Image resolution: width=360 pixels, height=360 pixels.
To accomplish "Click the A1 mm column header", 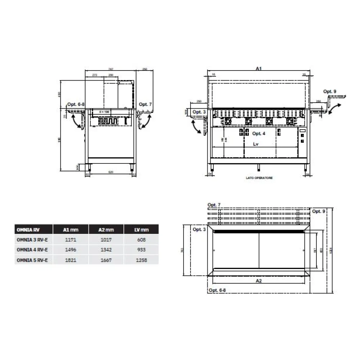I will coord(71,229).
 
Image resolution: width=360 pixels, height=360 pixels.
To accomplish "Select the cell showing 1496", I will coord(71,249).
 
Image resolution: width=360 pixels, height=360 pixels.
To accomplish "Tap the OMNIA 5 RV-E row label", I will coord(33,259).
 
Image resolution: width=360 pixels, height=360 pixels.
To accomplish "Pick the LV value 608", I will coord(141,239).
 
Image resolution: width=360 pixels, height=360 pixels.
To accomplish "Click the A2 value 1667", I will coord(106,259).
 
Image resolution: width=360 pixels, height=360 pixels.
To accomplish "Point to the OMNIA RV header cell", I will coord(33,229).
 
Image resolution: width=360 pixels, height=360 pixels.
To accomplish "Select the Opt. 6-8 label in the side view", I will coord(76,104).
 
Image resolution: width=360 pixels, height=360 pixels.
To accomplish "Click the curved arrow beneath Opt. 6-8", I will coord(77,122).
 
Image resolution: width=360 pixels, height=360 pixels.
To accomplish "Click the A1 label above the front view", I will coord(258,68).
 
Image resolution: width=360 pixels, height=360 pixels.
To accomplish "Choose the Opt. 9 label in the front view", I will coord(329,91).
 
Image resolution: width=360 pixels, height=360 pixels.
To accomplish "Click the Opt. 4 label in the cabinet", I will coord(258,134).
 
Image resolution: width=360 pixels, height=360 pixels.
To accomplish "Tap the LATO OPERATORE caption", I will coord(258,178).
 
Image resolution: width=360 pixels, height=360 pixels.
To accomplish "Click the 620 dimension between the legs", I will coord(111,172).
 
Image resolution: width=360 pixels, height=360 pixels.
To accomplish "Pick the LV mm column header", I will coord(141,229).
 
